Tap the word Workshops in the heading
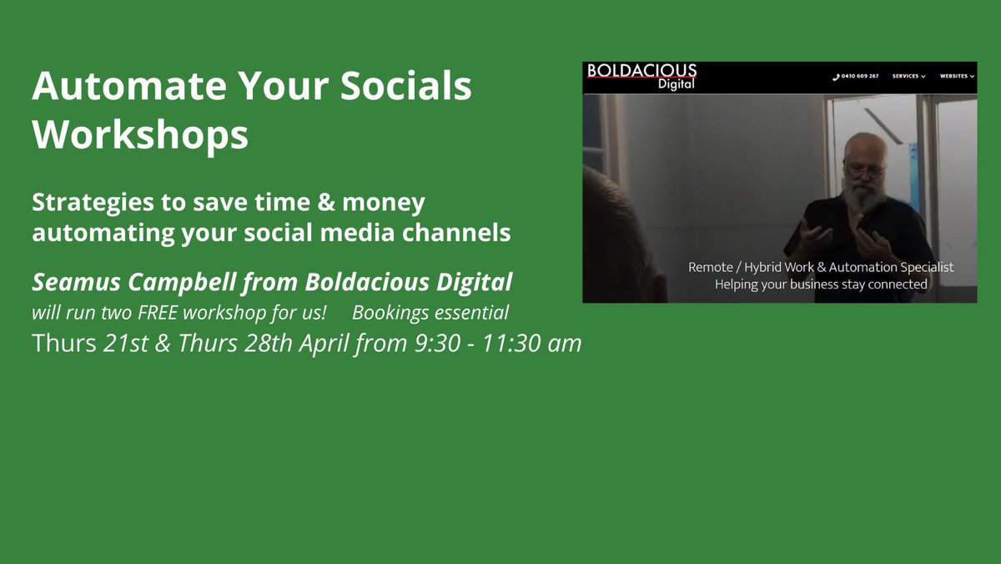pos(140,134)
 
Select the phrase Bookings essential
pos(430,314)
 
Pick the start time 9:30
pos(436,343)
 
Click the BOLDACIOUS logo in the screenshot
pos(641,76)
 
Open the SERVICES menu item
pos(908,77)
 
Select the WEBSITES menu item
pos(956,77)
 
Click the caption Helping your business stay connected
pos(821,285)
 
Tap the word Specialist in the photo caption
pos(921,268)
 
